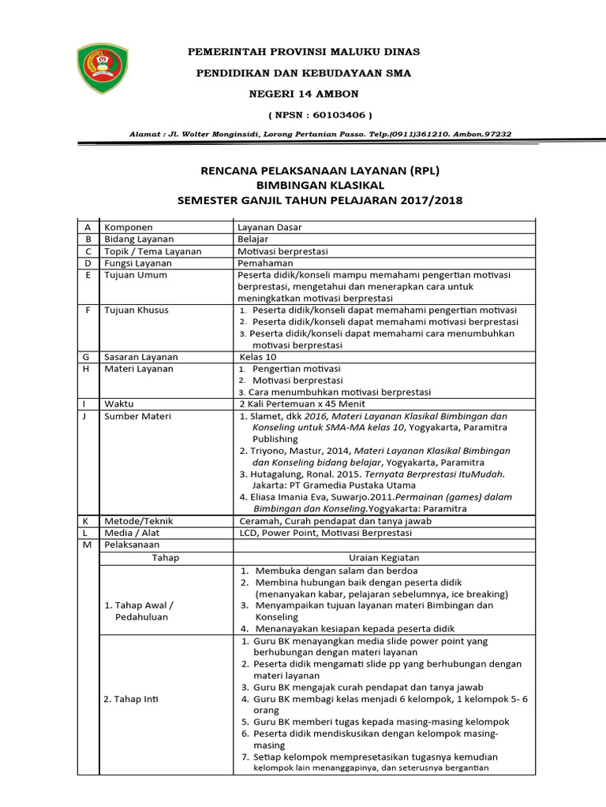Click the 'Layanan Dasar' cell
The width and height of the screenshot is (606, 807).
(x=269, y=227)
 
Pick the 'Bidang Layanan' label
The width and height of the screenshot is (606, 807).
(x=139, y=239)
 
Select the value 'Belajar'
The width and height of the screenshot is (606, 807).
(x=253, y=239)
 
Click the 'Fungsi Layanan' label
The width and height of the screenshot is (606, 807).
(x=139, y=262)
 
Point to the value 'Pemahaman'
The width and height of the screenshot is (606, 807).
(x=265, y=262)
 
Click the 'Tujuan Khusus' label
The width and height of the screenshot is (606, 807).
(x=137, y=310)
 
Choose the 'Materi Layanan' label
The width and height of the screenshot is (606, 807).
(x=139, y=369)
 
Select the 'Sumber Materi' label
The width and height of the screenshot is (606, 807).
(x=137, y=415)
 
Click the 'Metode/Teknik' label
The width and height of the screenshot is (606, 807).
(x=138, y=521)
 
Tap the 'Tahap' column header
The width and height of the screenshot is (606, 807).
(x=165, y=557)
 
